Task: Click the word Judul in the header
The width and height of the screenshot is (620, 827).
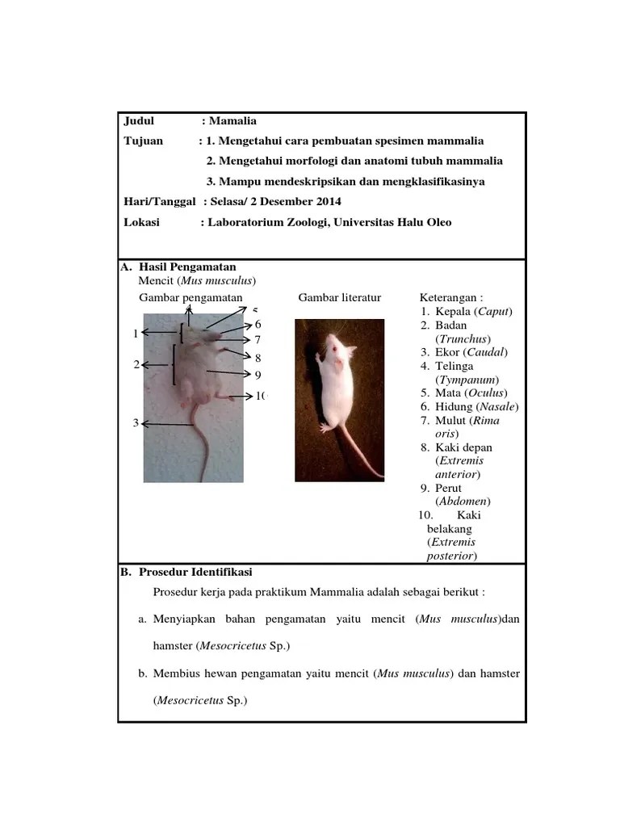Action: (x=138, y=121)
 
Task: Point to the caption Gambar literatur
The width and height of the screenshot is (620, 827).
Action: (x=339, y=298)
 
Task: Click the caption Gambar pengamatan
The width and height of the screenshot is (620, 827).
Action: (x=191, y=298)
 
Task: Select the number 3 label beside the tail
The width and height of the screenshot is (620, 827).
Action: (x=136, y=423)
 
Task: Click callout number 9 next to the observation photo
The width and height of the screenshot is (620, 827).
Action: (x=258, y=375)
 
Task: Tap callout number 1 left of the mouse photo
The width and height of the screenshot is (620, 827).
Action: (x=136, y=333)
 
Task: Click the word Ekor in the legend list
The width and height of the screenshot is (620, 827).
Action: (x=449, y=352)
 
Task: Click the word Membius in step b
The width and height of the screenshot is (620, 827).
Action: (x=181, y=674)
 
